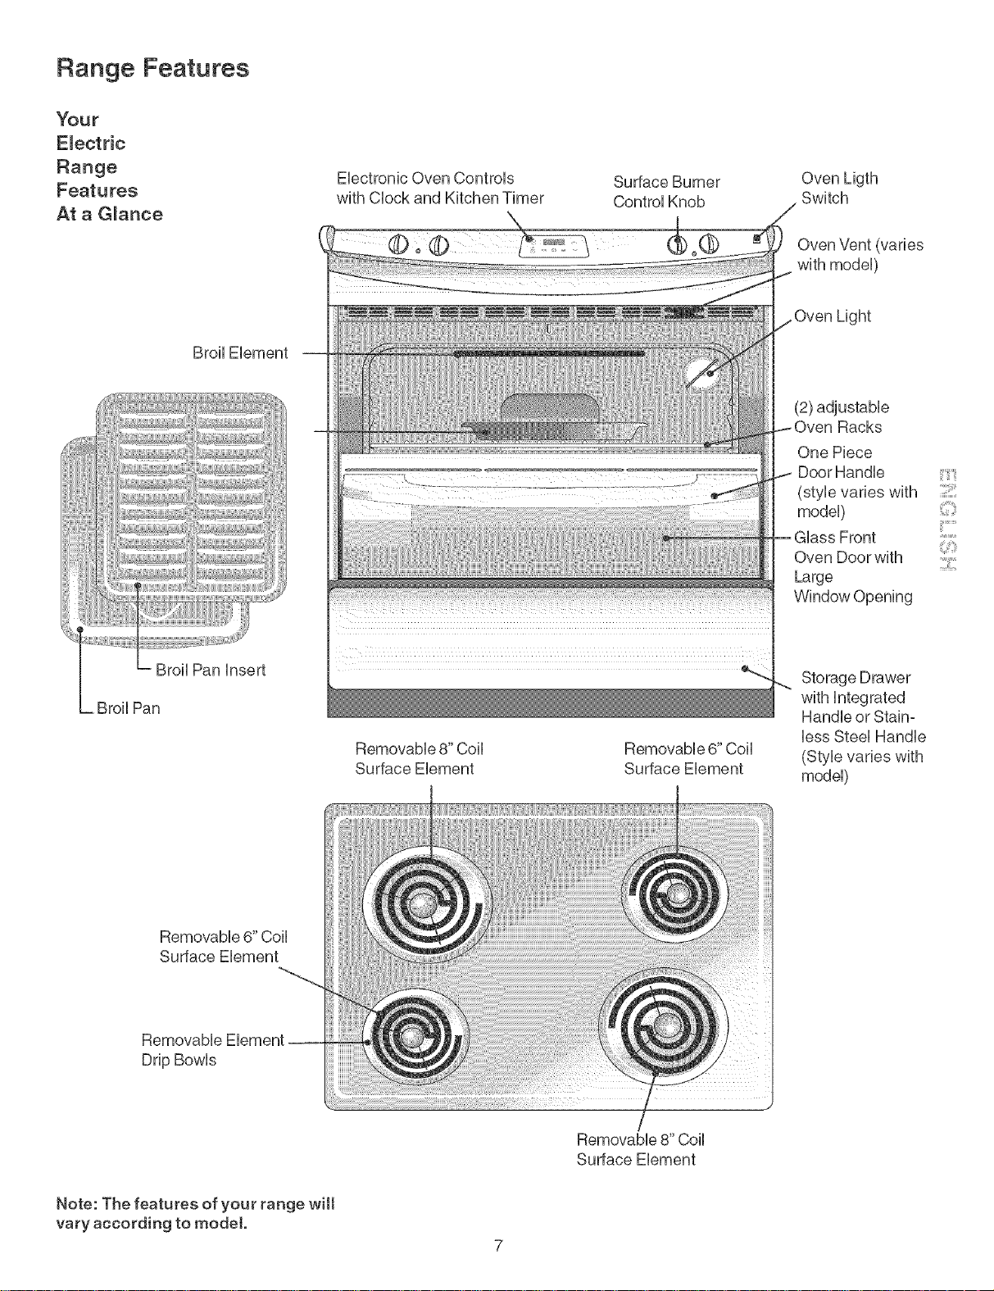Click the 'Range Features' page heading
point(152,68)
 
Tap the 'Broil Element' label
point(240,353)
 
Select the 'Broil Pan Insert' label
point(211,671)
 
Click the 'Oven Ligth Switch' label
point(839,189)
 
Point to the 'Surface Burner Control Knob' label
point(666,192)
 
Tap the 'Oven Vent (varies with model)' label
point(860,254)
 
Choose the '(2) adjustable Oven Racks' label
point(841,417)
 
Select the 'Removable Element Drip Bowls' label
point(212,1050)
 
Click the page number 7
point(499,1245)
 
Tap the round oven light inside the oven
point(706,374)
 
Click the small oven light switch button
point(756,239)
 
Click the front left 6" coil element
point(415,1039)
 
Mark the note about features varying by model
point(195,1213)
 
